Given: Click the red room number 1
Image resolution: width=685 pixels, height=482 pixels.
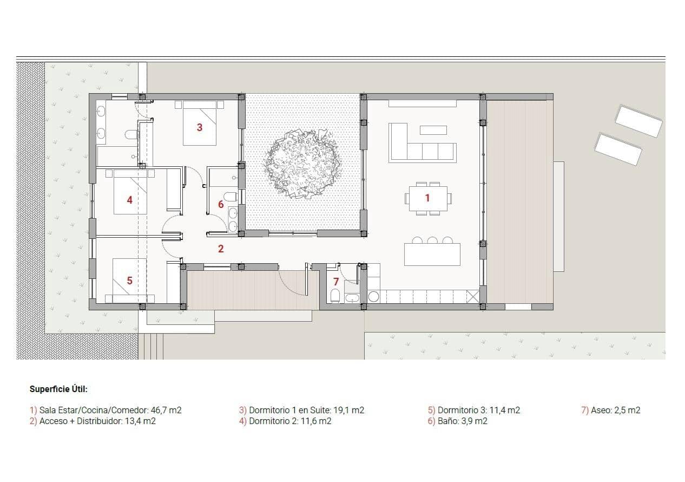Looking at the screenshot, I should [x=427, y=198].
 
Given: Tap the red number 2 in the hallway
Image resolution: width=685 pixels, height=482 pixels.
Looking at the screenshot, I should [x=221, y=249].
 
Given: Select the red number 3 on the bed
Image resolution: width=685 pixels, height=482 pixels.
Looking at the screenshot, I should [x=200, y=128].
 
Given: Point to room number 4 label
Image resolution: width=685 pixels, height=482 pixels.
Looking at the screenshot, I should [x=129, y=200].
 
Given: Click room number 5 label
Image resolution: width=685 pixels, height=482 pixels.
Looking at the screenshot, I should [x=129, y=281].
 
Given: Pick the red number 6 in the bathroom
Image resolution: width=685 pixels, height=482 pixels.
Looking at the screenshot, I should [x=221, y=205].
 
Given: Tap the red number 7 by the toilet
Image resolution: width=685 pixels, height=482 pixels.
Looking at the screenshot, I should [x=336, y=282].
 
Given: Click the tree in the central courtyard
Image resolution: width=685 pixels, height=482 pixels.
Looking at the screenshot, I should [x=302, y=163].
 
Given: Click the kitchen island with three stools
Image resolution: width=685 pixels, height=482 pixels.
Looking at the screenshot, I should [x=432, y=254].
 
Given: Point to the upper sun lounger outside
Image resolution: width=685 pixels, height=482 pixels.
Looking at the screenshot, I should [x=638, y=121].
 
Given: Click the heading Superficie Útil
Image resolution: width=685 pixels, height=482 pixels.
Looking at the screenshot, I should [x=58, y=389].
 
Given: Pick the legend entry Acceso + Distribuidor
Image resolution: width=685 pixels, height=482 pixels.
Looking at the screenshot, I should [x=93, y=421].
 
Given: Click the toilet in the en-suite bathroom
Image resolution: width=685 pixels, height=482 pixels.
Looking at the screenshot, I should [x=130, y=135].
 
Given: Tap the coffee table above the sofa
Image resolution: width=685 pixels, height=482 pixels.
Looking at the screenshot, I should [x=433, y=130].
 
